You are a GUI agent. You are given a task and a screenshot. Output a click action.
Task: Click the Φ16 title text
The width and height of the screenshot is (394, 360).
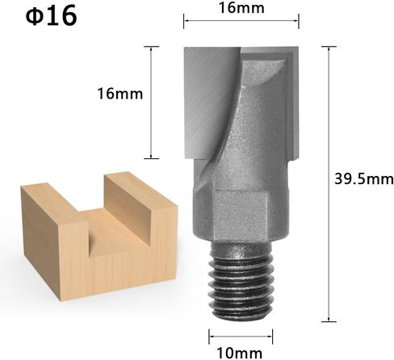51,16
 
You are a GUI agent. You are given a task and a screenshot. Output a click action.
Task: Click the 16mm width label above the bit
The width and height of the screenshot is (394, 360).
241,8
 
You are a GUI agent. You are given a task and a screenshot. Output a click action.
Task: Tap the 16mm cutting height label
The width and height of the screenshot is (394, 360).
120,94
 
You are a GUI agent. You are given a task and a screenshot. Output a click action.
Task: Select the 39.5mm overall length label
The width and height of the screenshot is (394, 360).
364,179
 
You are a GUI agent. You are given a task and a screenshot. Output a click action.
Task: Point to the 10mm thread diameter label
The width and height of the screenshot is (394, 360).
240,353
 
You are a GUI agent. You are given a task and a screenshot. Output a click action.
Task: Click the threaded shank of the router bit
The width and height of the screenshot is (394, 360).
241,281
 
